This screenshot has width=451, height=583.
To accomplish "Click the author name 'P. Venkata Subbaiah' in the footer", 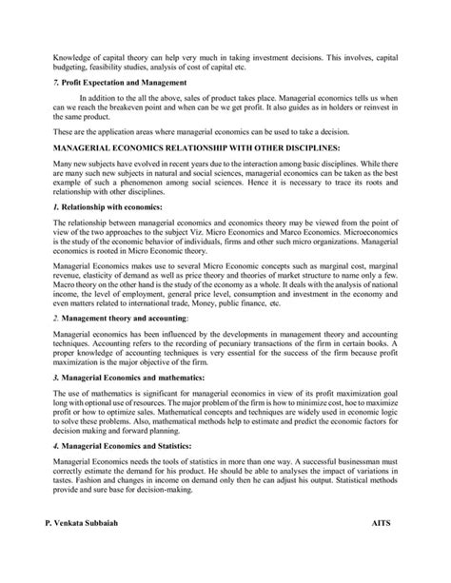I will pos(88,551).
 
